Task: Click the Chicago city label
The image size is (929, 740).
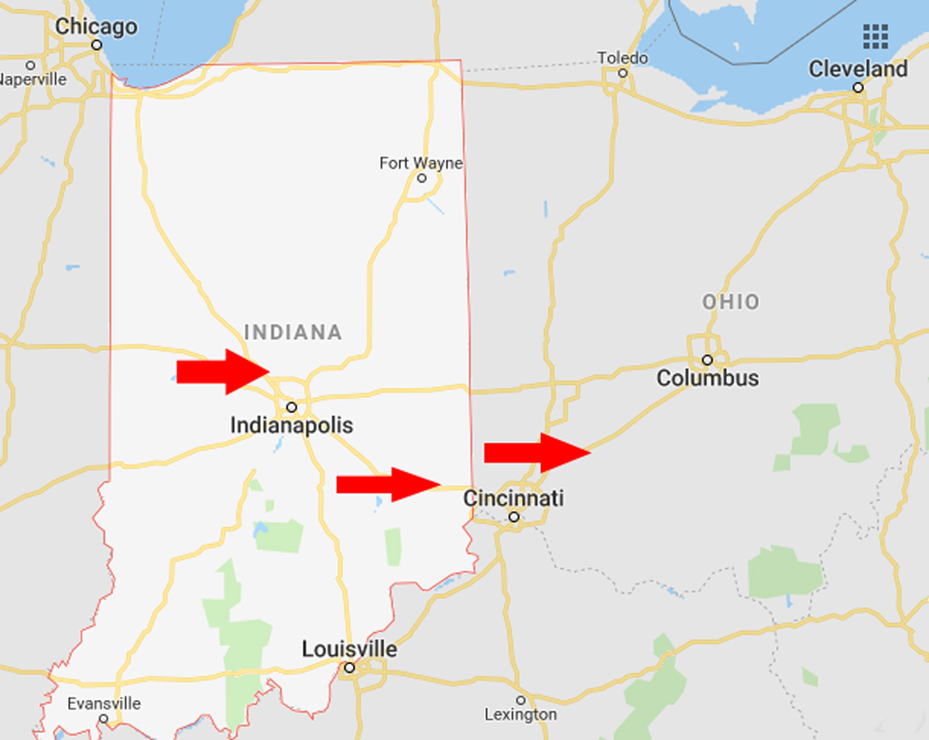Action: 96,27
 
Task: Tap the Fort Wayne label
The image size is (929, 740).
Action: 420,163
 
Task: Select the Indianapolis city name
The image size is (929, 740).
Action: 291,425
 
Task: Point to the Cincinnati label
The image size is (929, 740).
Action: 513,498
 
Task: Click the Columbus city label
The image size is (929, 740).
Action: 707,379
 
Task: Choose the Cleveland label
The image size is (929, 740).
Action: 858,69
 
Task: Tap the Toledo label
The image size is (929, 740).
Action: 622,58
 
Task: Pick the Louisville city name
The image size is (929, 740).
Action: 349,649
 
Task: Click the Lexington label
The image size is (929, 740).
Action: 520,714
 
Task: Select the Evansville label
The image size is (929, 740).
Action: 104,704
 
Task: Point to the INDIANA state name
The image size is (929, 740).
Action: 293,333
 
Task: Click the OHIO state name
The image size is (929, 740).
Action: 731,302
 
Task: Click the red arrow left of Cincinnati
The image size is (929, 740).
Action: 388,485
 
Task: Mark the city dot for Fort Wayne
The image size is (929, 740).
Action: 422,178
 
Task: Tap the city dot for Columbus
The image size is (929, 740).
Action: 707,360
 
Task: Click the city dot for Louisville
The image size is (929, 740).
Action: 349,667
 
